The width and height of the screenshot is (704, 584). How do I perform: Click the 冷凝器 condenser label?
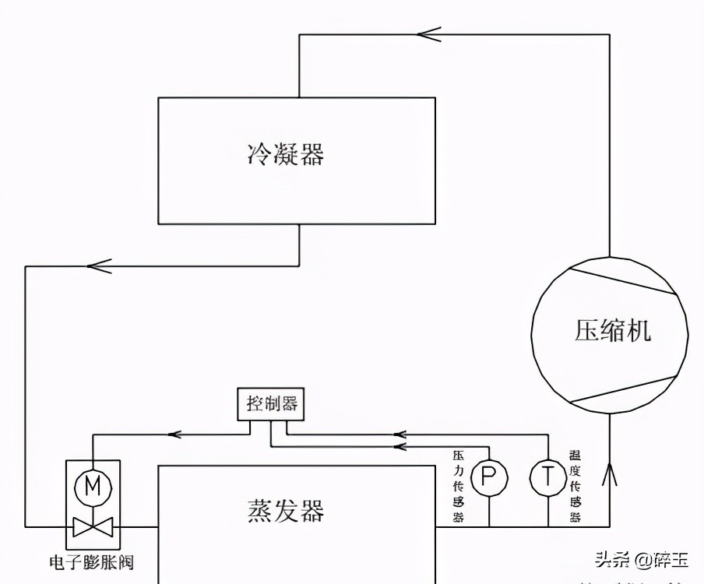285,154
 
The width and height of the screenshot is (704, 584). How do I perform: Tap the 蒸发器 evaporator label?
285,512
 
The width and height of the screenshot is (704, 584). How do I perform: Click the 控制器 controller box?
271,404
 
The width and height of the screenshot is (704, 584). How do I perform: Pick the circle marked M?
93,487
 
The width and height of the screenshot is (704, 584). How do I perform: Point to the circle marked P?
488,477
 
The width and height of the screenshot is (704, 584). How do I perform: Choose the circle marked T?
547,477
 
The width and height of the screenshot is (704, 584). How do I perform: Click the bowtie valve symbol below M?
93,526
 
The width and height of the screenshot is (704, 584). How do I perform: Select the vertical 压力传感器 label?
458,487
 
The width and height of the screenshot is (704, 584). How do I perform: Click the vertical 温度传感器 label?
576,487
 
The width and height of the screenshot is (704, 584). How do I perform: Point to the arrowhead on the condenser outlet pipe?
100,266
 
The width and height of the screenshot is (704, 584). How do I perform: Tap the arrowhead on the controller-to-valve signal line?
175,434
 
